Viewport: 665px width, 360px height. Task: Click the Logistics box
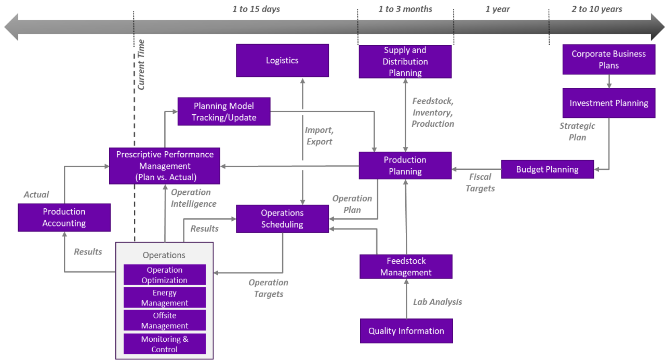(x=282, y=60)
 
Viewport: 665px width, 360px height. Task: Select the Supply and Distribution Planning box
(x=405, y=61)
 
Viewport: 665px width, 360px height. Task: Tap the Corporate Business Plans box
(x=608, y=59)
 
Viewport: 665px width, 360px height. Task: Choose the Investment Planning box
(x=608, y=103)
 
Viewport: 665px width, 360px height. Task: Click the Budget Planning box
(x=547, y=169)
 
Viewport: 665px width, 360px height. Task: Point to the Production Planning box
(x=405, y=166)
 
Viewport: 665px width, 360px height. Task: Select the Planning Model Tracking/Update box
(x=224, y=112)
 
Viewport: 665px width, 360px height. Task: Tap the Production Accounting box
(x=64, y=217)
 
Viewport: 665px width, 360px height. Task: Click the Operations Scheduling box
(x=282, y=219)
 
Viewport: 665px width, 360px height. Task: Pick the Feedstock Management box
(x=406, y=266)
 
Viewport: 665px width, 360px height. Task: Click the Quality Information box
(x=406, y=331)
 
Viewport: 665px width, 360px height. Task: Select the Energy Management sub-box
(x=165, y=298)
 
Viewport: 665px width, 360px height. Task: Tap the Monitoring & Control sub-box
(x=165, y=344)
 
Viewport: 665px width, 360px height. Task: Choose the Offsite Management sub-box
(x=165, y=321)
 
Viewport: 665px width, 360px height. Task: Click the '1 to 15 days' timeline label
(x=256, y=9)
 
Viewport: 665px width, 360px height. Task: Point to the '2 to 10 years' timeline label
(x=596, y=9)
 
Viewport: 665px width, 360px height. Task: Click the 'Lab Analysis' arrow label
(x=437, y=302)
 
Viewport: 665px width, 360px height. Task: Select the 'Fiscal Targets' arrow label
(x=480, y=182)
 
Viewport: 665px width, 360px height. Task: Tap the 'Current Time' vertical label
(x=141, y=64)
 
